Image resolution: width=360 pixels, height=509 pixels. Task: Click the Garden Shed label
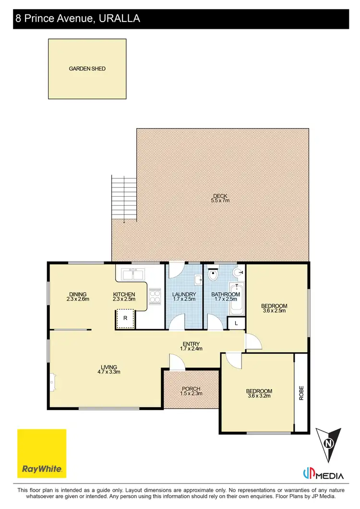(x=87, y=69)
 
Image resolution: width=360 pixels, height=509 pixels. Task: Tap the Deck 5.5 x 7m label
(x=221, y=198)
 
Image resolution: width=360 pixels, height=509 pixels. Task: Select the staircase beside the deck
(x=124, y=198)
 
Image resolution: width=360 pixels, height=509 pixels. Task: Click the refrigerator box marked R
(x=125, y=318)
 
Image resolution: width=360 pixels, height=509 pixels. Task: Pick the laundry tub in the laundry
(x=198, y=279)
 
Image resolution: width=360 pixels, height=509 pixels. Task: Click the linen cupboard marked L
(x=236, y=324)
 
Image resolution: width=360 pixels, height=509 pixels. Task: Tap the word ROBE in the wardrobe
(x=301, y=393)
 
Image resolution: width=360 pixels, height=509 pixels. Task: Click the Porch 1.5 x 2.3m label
(x=192, y=391)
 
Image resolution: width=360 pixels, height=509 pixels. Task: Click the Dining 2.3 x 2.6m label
(x=78, y=296)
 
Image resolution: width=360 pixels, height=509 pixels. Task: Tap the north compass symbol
(x=328, y=444)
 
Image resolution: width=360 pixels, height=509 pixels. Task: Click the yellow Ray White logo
(x=42, y=453)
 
